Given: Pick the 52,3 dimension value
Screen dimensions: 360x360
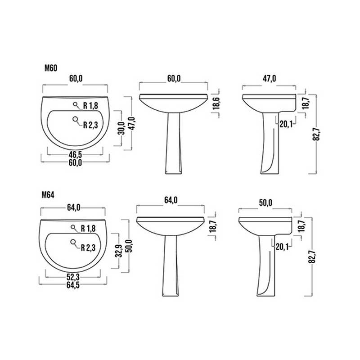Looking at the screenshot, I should pos(75,278).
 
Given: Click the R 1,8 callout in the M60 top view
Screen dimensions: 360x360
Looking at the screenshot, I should pos(90,106).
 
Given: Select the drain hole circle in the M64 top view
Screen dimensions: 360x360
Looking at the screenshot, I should pos(73,243).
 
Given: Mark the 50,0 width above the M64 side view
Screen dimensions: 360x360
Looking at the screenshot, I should pos(265,203).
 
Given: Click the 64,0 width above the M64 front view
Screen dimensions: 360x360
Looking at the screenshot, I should pos(171,200).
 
